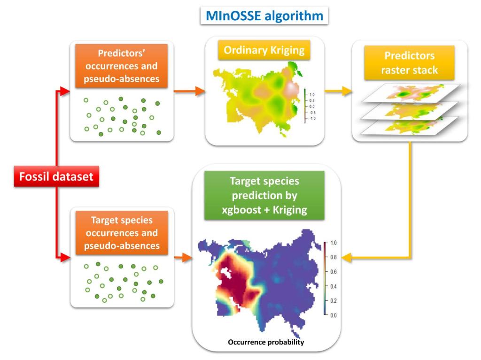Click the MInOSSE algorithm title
click(x=264, y=16)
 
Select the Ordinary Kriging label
click(x=264, y=50)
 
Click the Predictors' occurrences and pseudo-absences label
click(x=122, y=66)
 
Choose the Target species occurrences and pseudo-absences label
click(x=122, y=233)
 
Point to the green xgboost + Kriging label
click(x=264, y=195)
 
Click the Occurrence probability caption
click(x=266, y=342)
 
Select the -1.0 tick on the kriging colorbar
click(x=312, y=119)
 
